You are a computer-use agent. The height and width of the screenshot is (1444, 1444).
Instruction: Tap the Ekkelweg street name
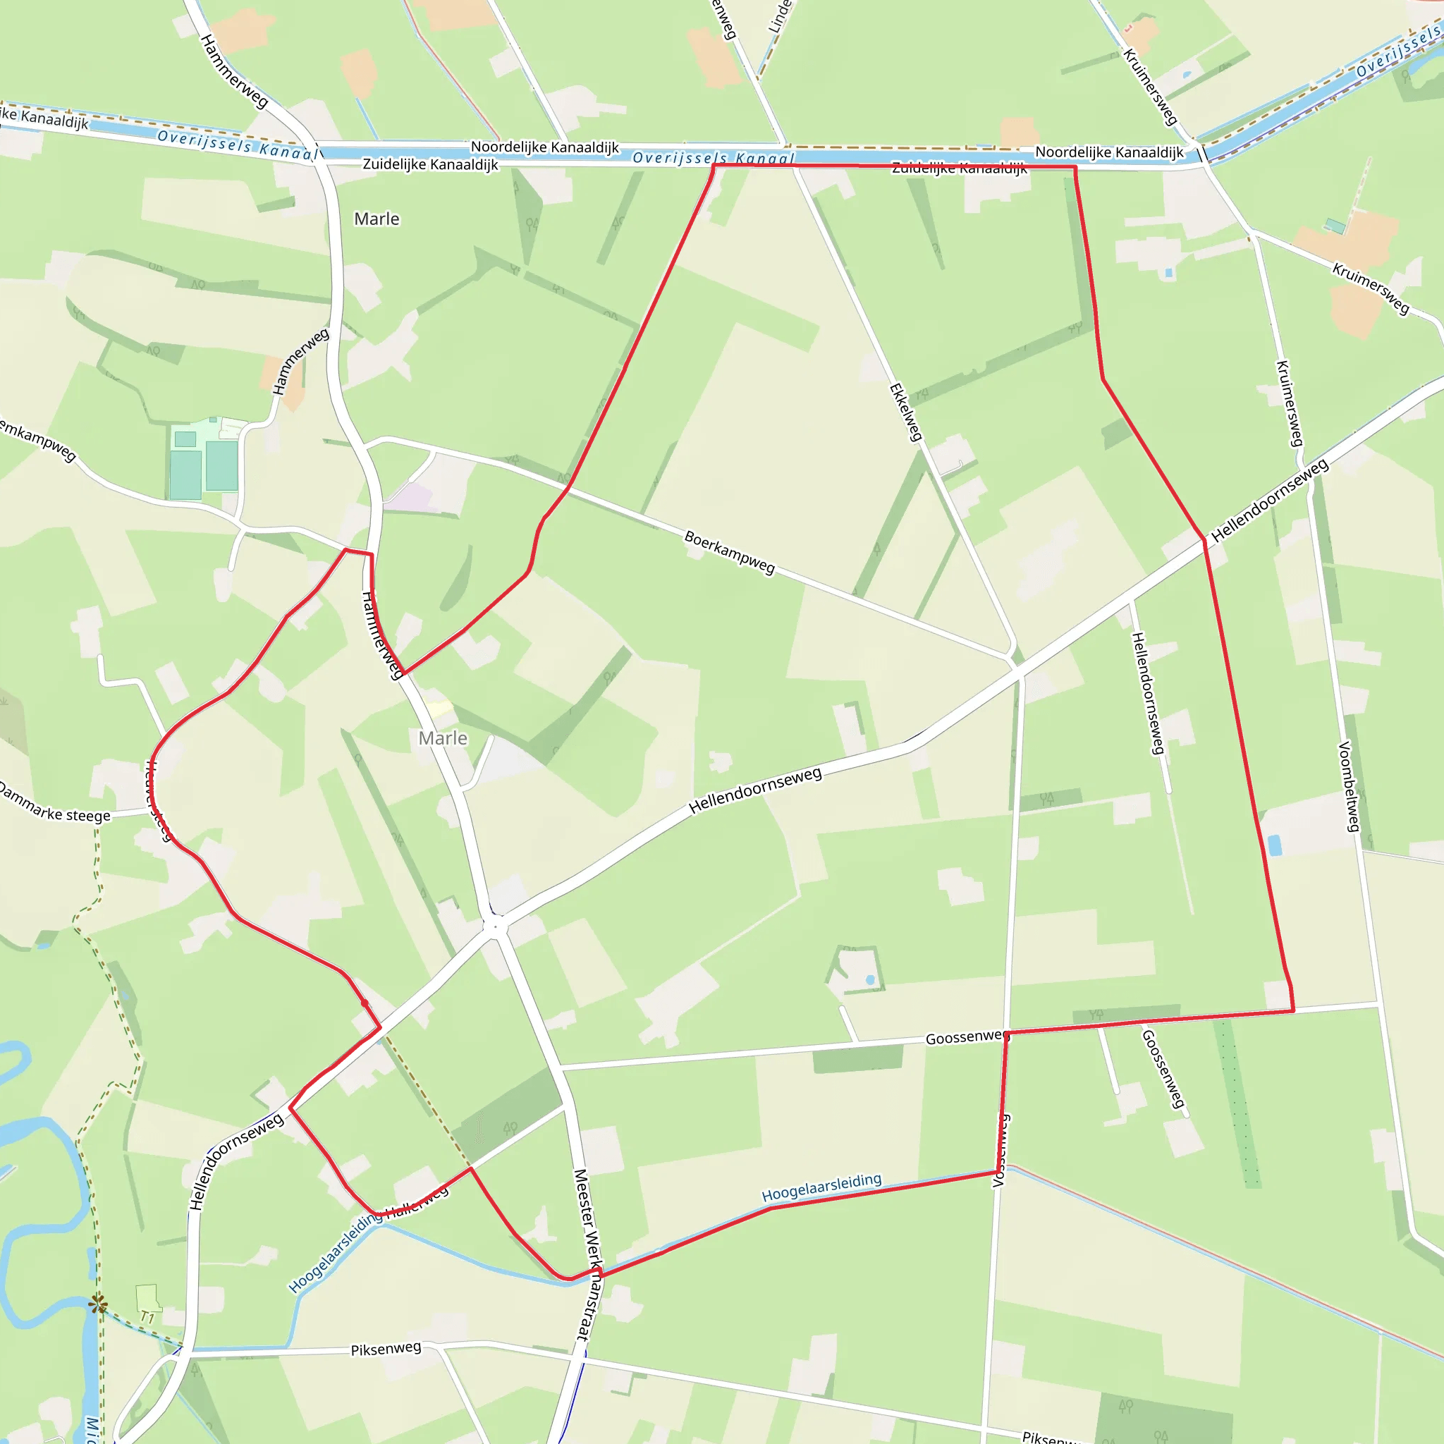[x=906, y=412]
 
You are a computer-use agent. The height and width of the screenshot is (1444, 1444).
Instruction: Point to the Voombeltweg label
[x=1349, y=786]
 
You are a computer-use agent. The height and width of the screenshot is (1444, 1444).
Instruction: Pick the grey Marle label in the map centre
[x=443, y=738]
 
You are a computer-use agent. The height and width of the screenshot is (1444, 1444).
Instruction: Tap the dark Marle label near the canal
[x=377, y=219]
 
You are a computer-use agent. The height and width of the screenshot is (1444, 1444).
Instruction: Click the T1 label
[x=147, y=1318]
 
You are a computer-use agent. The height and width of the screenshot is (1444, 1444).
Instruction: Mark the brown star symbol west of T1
[x=97, y=1305]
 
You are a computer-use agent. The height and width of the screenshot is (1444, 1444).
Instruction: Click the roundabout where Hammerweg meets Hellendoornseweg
[x=495, y=926]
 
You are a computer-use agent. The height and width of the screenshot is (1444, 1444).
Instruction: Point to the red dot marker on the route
[x=364, y=1003]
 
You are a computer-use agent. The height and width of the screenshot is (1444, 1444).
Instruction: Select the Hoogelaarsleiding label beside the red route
[x=821, y=1187]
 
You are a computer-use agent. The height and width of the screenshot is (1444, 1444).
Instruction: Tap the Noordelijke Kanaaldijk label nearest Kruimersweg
[x=1109, y=152]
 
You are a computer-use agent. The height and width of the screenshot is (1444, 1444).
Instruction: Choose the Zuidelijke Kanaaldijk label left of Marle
[x=431, y=164]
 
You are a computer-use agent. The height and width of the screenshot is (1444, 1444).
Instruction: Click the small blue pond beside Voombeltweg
[x=1274, y=845]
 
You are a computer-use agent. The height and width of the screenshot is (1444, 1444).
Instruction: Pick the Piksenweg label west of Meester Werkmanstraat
[x=386, y=1349]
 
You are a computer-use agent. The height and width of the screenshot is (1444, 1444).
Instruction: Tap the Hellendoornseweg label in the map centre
[x=755, y=790]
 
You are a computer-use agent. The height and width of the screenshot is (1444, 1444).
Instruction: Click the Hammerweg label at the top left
[x=234, y=72]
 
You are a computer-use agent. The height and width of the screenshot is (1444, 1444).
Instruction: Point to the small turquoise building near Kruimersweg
[x=1335, y=226]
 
